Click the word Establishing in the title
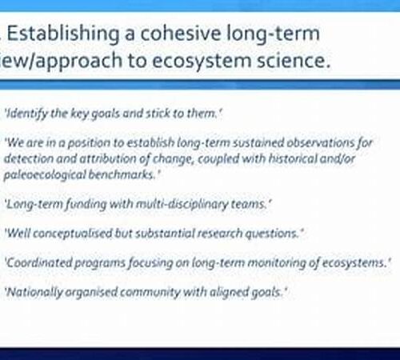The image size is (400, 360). [x=62, y=34]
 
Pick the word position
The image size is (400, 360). [x=89, y=143]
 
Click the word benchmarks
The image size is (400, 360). [x=122, y=174]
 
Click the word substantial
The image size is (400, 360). [x=165, y=234]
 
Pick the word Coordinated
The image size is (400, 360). [x=38, y=262]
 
